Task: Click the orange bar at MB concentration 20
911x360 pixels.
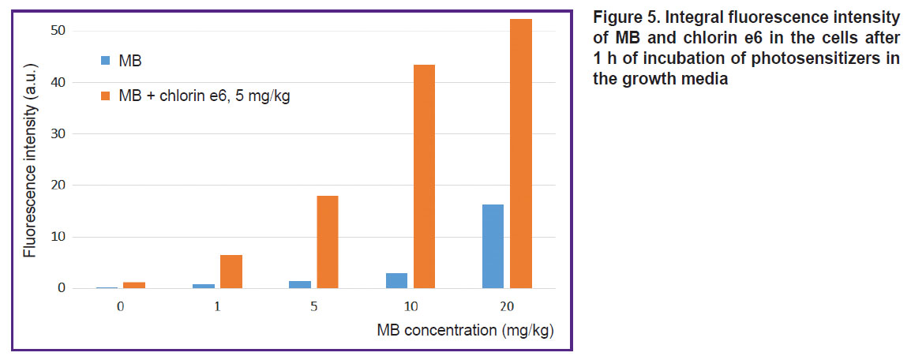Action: click(x=521, y=153)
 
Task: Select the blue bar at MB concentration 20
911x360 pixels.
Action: click(x=493, y=246)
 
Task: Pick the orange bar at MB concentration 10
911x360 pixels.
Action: click(x=424, y=177)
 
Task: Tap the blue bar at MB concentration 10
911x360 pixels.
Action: click(x=396, y=280)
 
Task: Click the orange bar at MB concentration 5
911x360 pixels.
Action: click(x=327, y=242)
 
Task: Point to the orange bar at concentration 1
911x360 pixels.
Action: click(x=231, y=272)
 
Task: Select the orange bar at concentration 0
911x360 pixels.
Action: click(x=134, y=285)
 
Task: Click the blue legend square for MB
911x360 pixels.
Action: click(x=105, y=60)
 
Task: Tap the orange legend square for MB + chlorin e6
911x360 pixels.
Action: click(x=105, y=96)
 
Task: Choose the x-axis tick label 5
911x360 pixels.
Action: click(x=313, y=306)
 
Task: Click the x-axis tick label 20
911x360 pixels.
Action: click(x=508, y=306)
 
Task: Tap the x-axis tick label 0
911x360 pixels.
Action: click(x=120, y=306)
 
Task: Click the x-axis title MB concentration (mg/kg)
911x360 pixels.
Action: click(x=466, y=331)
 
